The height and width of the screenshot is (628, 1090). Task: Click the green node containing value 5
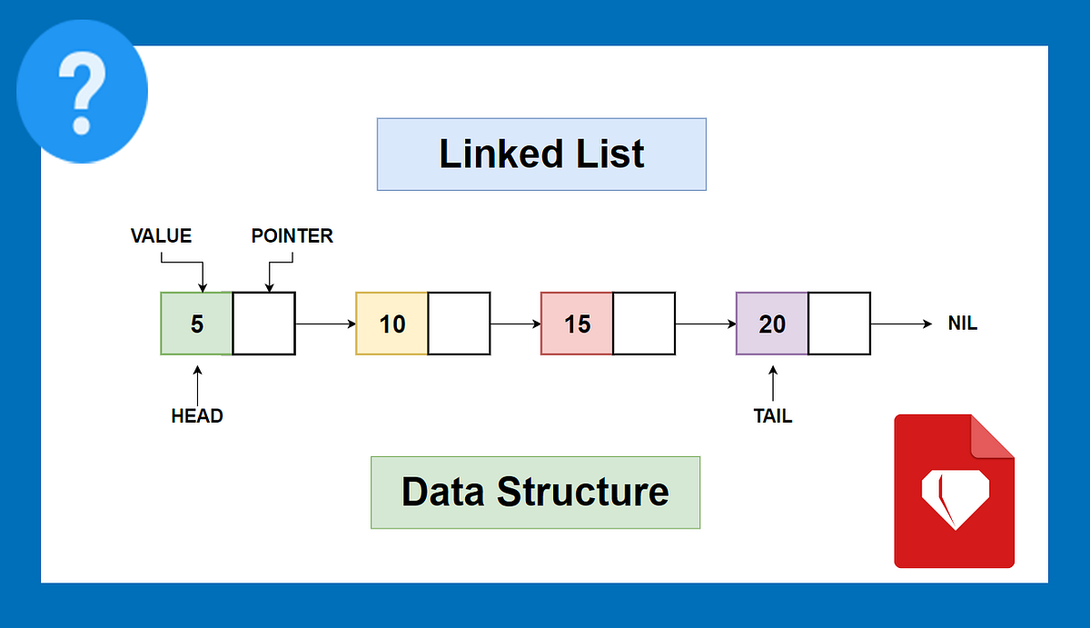coord(196,324)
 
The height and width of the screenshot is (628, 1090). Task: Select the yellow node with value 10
coord(391,324)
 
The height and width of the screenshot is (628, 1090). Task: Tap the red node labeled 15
coord(577,324)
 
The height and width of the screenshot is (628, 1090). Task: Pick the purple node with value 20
coord(772,324)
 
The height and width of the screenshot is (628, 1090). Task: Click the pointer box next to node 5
coord(263,324)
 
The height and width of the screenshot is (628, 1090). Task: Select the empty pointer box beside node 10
coord(459,324)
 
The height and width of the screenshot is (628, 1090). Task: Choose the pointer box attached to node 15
coord(644,324)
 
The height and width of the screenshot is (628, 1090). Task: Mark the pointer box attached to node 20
coord(839,324)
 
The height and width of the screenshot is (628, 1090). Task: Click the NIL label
coord(962,324)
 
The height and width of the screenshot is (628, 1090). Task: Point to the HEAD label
coord(197,416)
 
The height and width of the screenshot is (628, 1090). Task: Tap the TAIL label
coord(772,416)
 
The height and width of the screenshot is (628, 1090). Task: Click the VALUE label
coord(161,236)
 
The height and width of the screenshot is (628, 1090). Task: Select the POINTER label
coord(292,236)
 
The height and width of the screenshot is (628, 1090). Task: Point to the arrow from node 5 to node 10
coord(325,324)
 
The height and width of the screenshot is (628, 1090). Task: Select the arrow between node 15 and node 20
coord(706,324)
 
